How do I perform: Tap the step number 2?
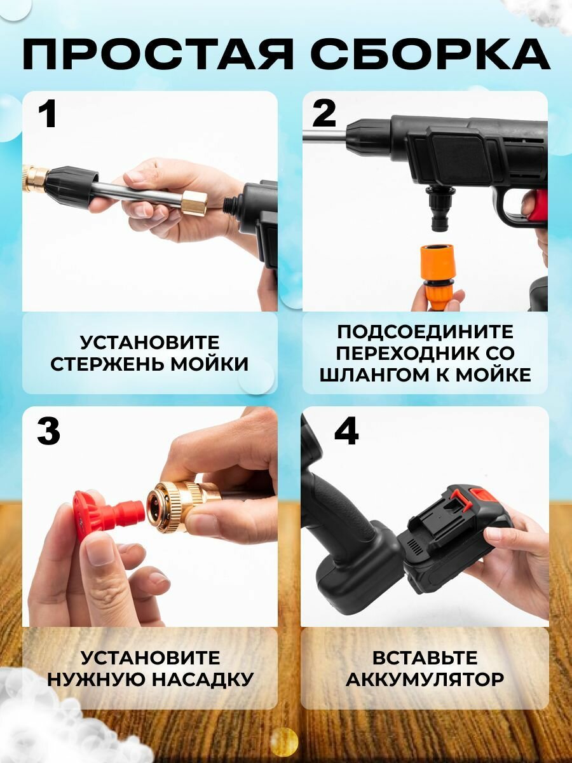tap(323, 114)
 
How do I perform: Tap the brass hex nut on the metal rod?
tap(194, 203)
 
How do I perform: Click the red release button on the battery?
tap(480, 495)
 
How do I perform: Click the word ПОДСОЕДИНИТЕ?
tap(425, 332)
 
